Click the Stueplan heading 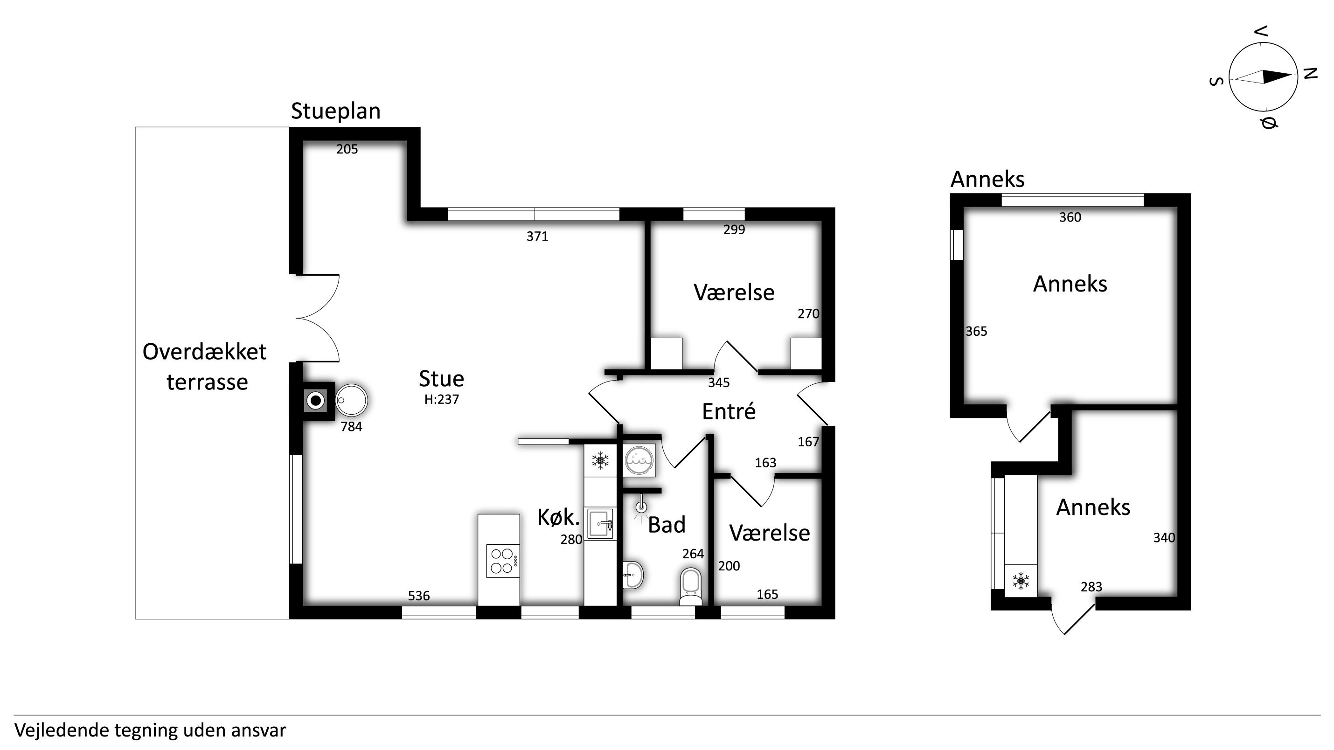(x=335, y=111)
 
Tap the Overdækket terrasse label (x=205, y=367)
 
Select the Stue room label (x=441, y=379)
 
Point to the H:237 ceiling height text (x=442, y=399)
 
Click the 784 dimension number (x=351, y=427)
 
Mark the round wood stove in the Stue (x=351, y=400)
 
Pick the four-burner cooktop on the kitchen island (x=503, y=561)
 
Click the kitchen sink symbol (x=600, y=523)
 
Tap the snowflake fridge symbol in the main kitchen (x=600, y=460)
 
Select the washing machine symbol (x=639, y=459)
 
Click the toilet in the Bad (x=691, y=586)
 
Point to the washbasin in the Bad (x=633, y=574)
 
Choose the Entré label (x=729, y=412)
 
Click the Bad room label (x=667, y=525)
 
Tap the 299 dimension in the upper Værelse (x=734, y=229)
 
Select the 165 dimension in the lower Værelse (x=767, y=594)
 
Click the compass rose (x=1263, y=77)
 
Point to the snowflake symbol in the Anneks (x=1021, y=581)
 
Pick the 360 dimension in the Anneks (x=1070, y=217)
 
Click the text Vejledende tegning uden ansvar (x=150, y=731)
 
